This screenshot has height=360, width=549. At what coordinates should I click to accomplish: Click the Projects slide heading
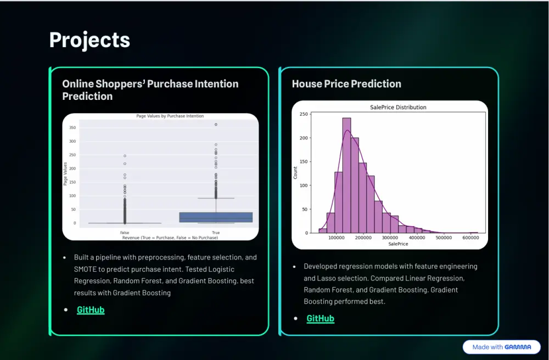point(89,40)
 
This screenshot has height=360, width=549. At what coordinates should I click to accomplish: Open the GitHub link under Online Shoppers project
point(91,310)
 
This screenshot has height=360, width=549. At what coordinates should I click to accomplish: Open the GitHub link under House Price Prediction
point(321,318)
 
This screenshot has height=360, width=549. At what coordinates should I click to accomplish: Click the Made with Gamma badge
point(501,347)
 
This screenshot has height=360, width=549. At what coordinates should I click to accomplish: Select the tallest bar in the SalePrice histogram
point(346,175)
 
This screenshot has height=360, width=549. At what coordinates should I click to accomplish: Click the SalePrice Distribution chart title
point(398,108)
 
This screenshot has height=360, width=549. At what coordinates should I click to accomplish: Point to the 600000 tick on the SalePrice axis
point(470,238)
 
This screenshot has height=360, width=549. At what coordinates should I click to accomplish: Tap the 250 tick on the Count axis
point(304,114)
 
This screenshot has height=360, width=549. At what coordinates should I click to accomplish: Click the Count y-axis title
point(295,173)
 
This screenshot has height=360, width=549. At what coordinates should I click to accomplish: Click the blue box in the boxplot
point(216,217)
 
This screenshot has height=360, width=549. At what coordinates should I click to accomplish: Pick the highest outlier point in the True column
point(216,125)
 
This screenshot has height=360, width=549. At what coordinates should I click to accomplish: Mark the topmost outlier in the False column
point(125,156)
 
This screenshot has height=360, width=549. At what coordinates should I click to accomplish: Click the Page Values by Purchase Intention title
point(170,116)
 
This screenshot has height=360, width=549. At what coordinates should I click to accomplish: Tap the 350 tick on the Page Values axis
point(72,128)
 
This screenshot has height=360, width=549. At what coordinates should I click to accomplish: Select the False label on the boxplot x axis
point(125,233)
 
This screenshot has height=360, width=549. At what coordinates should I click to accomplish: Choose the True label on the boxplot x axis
point(216,233)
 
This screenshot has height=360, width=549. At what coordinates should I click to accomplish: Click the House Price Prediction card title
point(346,84)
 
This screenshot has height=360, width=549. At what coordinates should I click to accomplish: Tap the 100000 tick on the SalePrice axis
point(336,238)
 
